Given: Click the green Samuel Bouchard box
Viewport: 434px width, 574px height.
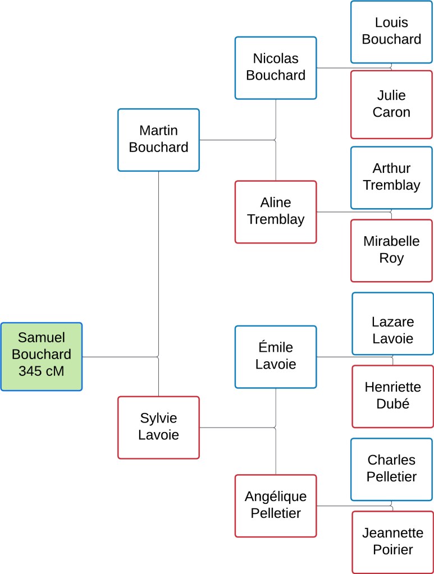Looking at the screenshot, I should point(42,356).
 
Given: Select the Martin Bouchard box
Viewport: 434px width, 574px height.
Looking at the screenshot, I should point(158,140).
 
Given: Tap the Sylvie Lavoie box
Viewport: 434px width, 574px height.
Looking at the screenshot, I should point(158,427).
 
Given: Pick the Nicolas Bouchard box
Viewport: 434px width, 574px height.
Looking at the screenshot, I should point(276,67).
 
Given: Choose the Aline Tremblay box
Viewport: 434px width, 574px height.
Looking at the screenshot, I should point(276,212).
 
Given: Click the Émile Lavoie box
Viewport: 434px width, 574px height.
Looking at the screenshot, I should point(276,356).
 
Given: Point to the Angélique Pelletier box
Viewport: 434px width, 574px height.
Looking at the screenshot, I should point(276,505).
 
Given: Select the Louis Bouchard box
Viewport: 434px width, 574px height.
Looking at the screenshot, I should point(391,31).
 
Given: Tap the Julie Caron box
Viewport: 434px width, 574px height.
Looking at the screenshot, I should point(391,104).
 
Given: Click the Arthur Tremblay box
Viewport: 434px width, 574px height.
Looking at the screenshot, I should point(391,177).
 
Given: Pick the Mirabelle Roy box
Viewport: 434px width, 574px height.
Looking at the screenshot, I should point(391,250).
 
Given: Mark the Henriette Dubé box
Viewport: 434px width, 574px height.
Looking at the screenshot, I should point(392,396).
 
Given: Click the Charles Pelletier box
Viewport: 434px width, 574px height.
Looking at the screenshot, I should point(391,469).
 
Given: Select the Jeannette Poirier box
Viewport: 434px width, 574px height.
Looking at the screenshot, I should point(392,542).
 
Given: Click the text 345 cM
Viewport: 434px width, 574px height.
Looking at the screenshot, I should point(42,371).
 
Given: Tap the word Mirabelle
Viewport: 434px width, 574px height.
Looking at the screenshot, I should point(391,241).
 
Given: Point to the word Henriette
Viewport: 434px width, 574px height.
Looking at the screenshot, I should point(392,387).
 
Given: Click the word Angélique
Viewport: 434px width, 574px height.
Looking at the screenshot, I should point(276,497).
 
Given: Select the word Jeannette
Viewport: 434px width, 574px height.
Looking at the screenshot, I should point(392,533).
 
